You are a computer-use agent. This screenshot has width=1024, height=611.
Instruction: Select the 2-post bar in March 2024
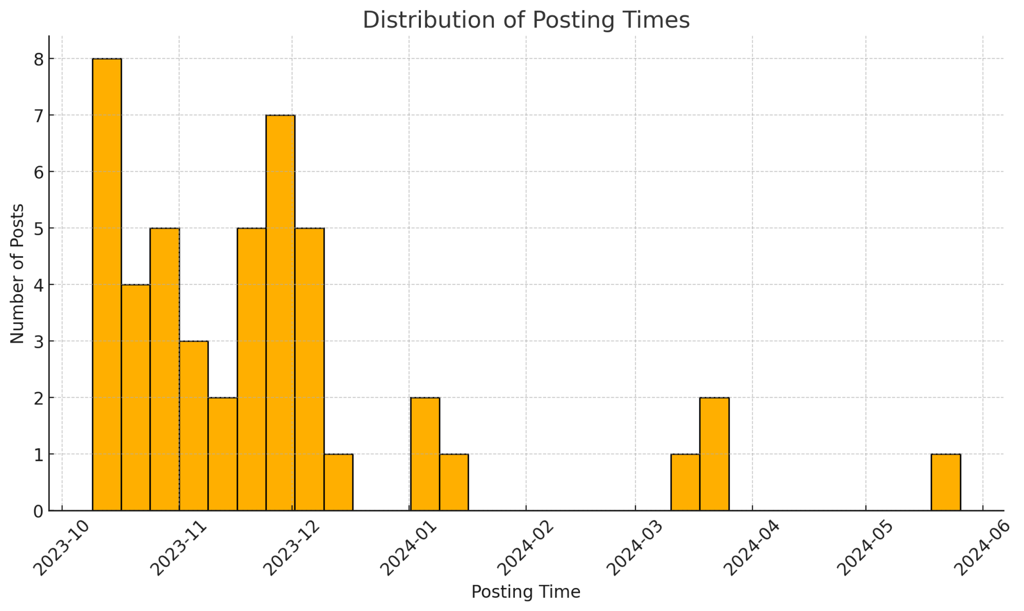714,454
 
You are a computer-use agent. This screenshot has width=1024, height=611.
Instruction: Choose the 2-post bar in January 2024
425,454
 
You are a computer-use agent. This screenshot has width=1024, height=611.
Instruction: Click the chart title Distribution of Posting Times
526,20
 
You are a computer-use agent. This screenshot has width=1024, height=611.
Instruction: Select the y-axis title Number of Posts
17,273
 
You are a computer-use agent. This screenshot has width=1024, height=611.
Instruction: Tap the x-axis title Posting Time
526,592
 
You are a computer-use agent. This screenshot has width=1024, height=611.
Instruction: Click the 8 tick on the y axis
39,60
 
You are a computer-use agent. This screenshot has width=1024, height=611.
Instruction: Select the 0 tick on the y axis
39,511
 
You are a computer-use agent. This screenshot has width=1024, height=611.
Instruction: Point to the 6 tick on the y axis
39,172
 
